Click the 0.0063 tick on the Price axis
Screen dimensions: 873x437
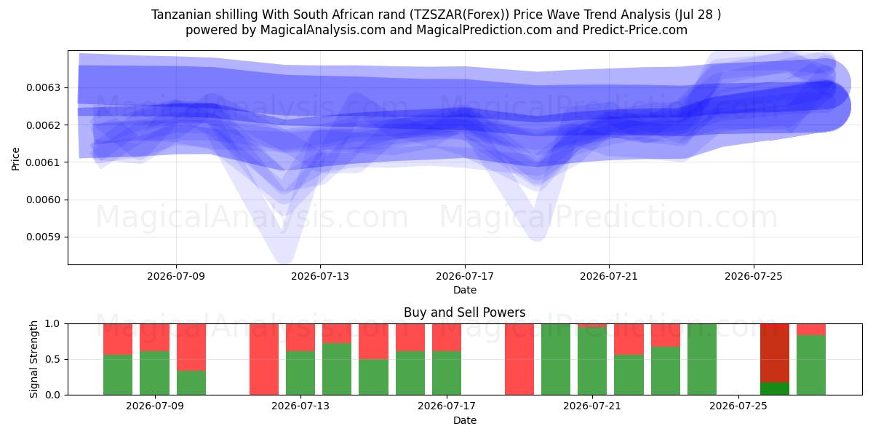[x=43, y=88]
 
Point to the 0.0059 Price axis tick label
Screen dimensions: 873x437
[x=43, y=237]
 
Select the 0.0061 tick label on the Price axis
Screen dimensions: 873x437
[x=43, y=162]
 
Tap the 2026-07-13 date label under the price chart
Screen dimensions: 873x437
[x=320, y=276]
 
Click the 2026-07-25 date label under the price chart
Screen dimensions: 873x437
[x=754, y=276]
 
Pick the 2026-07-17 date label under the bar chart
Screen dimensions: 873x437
[x=446, y=406]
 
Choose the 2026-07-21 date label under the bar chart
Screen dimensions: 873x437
[x=592, y=406]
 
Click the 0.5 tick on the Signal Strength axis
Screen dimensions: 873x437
[x=52, y=359]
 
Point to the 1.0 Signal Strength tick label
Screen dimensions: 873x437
[x=52, y=324]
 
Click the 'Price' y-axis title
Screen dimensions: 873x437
[x=15, y=159]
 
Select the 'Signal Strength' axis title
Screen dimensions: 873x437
[x=34, y=359]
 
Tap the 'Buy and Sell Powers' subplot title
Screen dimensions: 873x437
[x=465, y=312]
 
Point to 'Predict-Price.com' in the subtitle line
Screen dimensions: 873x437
[x=635, y=30]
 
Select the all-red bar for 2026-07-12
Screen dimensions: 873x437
[x=264, y=359]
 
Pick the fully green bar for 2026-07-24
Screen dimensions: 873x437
[x=701, y=359]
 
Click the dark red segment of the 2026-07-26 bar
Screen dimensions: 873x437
[x=774, y=353]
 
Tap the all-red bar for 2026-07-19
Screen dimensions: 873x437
[x=519, y=359]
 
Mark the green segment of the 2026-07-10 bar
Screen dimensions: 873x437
[x=191, y=383]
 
